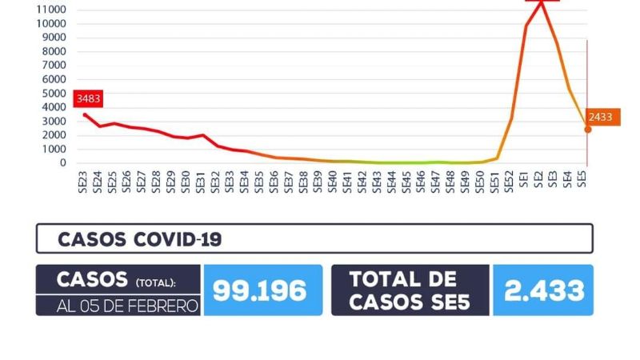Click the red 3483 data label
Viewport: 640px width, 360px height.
point(89,99)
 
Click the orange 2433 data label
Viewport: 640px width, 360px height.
point(600,117)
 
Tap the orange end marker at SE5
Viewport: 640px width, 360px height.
point(587,129)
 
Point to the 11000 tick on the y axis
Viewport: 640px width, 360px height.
point(51,10)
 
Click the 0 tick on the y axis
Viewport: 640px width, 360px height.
point(63,162)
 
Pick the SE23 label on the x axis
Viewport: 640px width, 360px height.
point(83,181)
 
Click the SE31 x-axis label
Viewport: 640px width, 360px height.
point(200,181)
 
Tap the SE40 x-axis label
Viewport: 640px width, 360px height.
point(332,181)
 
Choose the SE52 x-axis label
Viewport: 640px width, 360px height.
point(509,181)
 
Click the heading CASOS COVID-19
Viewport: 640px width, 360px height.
point(139,238)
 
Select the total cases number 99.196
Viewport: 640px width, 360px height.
point(260,290)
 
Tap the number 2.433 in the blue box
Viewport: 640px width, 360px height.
point(542,290)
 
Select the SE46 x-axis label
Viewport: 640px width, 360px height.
point(421,181)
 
